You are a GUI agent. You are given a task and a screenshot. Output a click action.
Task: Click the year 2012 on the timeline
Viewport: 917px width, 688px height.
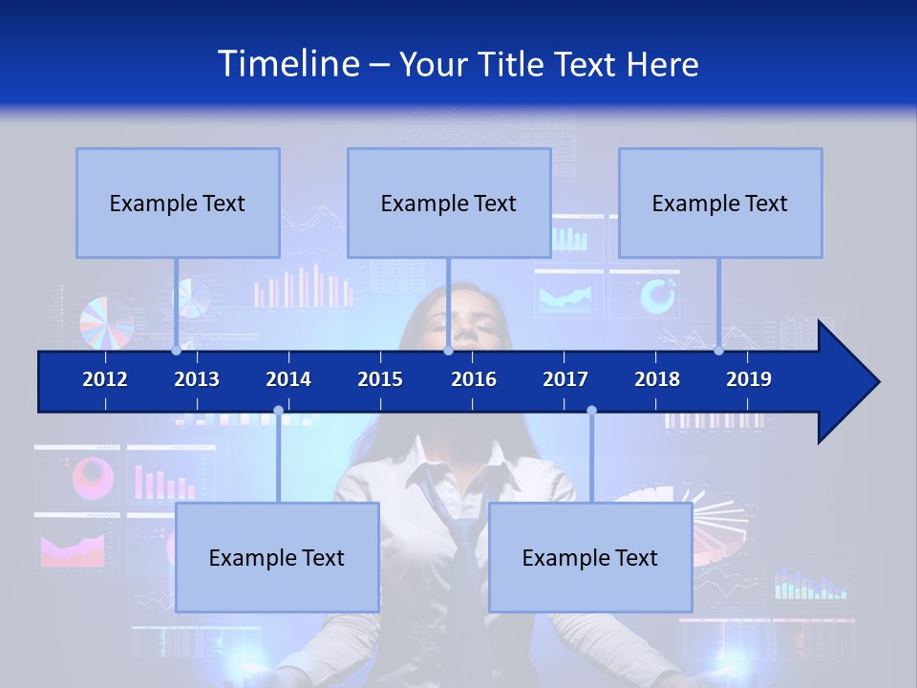(x=105, y=379)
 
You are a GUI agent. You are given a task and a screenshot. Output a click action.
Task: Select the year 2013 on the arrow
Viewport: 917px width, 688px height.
(x=197, y=379)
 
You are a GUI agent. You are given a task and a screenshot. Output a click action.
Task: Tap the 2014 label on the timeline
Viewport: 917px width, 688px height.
(x=288, y=379)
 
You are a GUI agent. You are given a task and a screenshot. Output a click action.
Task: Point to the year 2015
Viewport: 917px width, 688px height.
(x=380, y=379)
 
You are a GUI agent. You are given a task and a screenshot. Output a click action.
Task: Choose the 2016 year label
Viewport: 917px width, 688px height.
(x=474, y=379)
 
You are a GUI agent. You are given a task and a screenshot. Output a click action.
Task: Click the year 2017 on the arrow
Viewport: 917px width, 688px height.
(x=565, y=379)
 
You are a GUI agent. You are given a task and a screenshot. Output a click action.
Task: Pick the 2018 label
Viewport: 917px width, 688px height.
(x=657, y=379)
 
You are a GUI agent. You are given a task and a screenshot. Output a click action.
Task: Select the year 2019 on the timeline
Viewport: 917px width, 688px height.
(x=749, y=379)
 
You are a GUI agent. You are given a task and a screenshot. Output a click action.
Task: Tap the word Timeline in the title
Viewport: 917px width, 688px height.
(x=288, y=64)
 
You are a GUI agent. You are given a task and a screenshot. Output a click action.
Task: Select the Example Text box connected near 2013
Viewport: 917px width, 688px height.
(x=178, y=203)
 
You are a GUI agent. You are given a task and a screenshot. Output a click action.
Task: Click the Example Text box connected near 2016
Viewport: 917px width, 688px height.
(x=449, y=203)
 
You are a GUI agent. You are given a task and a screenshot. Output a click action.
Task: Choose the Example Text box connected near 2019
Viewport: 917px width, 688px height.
(x=720, y=203)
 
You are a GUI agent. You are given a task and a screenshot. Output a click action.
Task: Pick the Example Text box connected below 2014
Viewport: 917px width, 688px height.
(x=277, y=557)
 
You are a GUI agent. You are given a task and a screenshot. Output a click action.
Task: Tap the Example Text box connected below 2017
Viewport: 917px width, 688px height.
(x=590, y=557)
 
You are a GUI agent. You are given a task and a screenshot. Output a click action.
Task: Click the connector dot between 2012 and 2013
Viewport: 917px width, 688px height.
(x=177, y=350)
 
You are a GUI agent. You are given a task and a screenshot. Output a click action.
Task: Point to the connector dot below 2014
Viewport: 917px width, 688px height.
(x=278, y=411)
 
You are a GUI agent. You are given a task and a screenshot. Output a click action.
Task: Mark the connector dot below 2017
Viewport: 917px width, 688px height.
(x=591, y=411)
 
